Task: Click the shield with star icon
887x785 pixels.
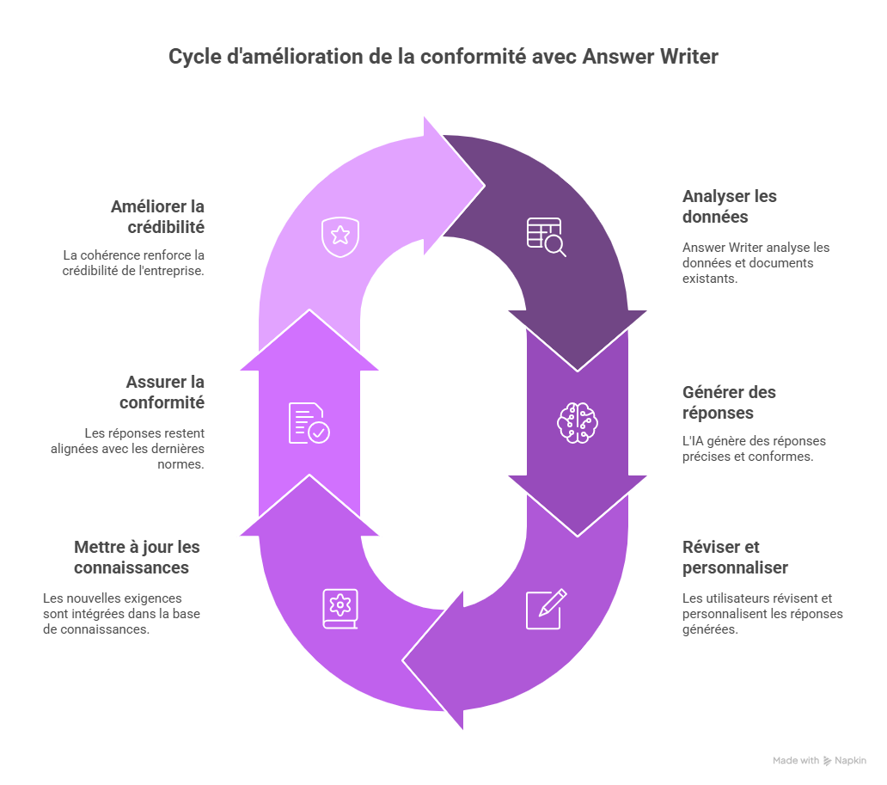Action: [340, 236]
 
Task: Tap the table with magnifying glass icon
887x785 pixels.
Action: [546, 236]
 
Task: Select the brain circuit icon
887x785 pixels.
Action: [577, 422]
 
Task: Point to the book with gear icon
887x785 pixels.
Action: [340, 608]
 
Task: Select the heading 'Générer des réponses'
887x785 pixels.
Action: [729, 402]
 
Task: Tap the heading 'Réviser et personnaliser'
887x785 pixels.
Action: [734, 557]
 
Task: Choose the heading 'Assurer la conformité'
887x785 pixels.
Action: [164, 392]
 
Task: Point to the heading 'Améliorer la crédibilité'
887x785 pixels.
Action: [157, 217]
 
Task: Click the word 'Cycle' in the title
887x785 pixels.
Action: [188, 57]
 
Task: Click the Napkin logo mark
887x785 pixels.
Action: [827, 761]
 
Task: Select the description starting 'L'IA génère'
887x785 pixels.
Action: [754, 449]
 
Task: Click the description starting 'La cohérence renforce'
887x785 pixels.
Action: [133, 262]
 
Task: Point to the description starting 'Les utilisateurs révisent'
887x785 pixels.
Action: [762, 613]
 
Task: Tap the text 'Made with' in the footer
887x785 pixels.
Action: [795, 761]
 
